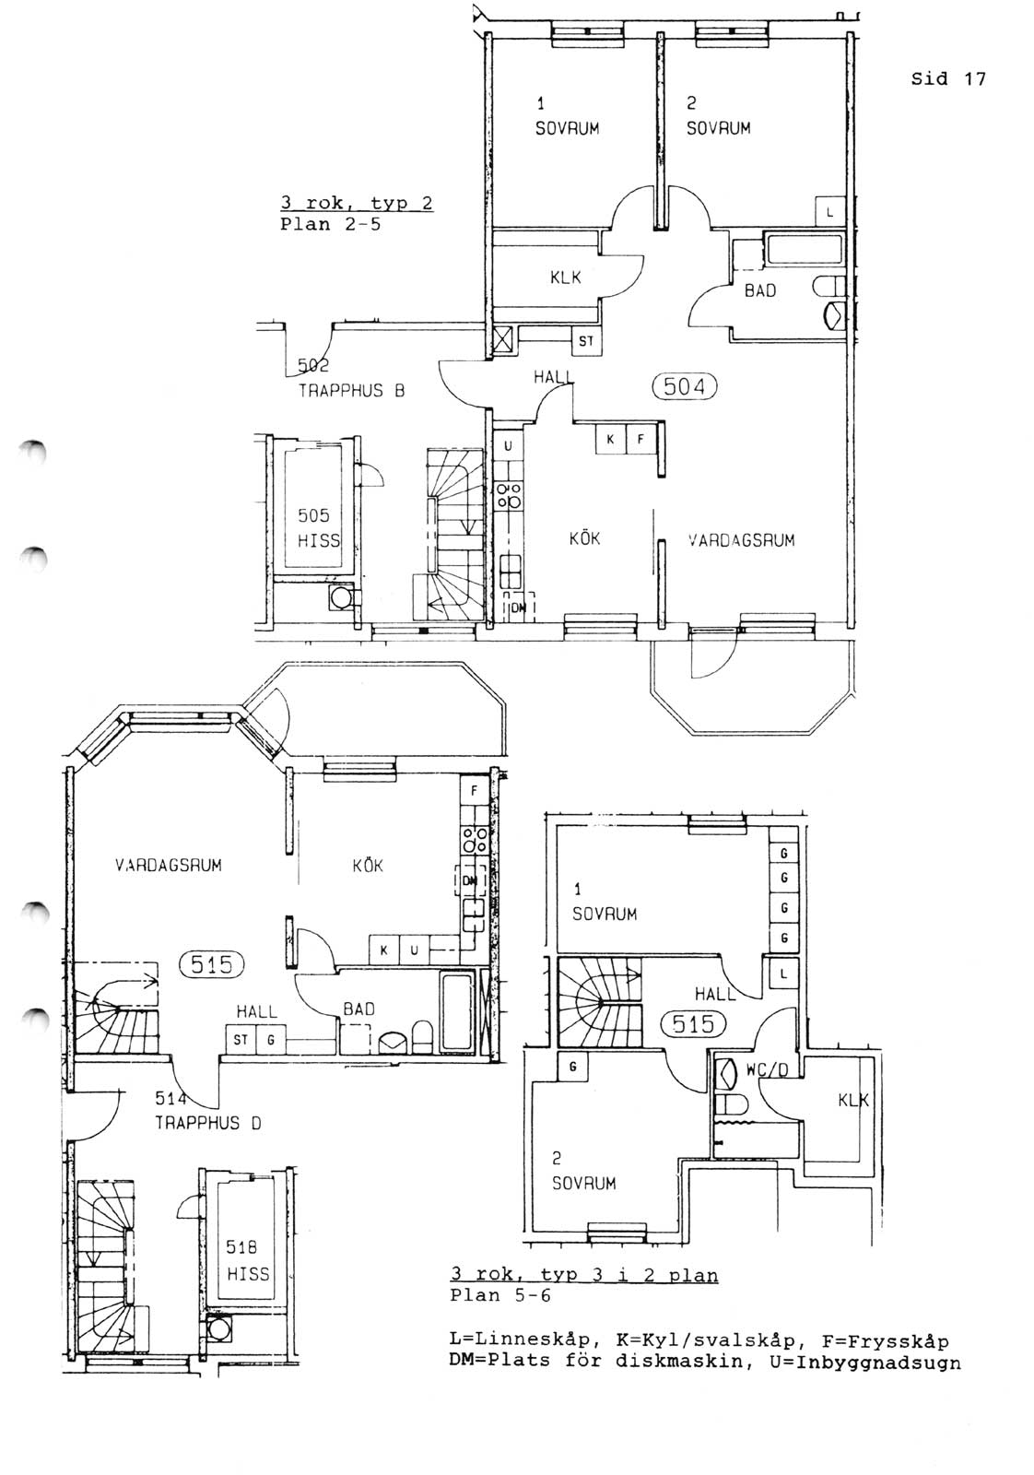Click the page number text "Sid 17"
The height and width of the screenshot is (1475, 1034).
pyautogui.click(x=947, y=79)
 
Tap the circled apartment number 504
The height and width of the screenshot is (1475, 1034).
pyautogui.click(x=684, y=386)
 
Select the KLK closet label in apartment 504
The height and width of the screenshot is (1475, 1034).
pyautogui.click(x=565, y=277)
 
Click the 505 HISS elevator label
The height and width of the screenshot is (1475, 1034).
pyautogui.click(x=319, y=528)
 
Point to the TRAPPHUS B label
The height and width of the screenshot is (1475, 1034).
pyautogui.click(x=351, y=391)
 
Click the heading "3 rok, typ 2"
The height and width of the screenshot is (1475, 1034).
pyautogui.click(x=357, y=203)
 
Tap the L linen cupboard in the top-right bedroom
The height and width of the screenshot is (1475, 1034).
pyautogui.click(x=830, y=212)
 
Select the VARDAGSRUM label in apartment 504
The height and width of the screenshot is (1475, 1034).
pyautogui.click(x=741, y=540)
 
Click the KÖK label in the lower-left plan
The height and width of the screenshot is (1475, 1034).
pyautogui.click(x=368, y=866)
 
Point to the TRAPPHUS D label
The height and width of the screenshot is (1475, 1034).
pyautogui.click(x=208, y=1123)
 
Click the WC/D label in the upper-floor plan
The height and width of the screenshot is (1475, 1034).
pyautogui.click(x=766, y=1070)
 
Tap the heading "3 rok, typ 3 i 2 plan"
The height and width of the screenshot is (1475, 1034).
pyautogui.click(x=583, y=1275)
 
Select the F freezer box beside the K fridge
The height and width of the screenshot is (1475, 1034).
pyautogui.click(x=640, y=439)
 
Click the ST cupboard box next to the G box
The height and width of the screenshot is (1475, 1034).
pyautogui.click(x=241, y=1040)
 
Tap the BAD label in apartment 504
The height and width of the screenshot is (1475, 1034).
pyautogui.click(x=760, y=290)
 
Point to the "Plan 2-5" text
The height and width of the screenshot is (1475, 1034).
pyautogui.click(x=331, y=224)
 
